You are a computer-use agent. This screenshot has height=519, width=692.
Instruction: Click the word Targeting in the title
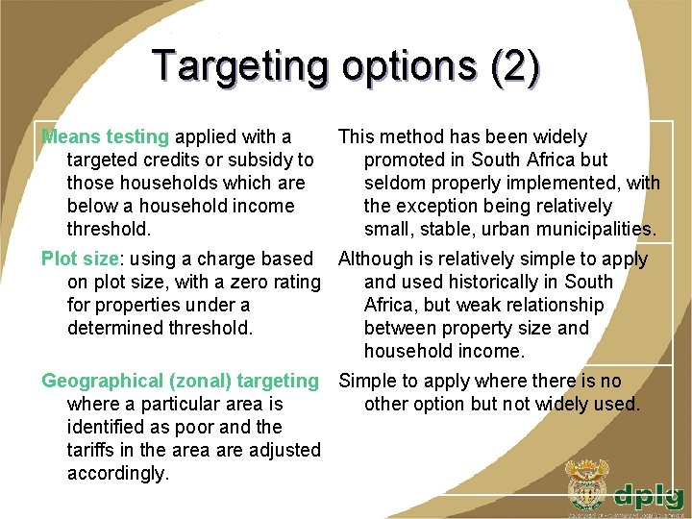(239, 65)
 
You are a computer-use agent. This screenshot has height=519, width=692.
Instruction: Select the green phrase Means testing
(105, 137)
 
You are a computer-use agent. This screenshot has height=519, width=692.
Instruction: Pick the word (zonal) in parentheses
(195, 382)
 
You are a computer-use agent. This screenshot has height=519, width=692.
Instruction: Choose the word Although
(378, 259)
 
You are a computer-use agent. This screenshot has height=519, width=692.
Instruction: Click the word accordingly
(117, 474)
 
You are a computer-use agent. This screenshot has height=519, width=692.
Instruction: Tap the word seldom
(394, 184)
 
